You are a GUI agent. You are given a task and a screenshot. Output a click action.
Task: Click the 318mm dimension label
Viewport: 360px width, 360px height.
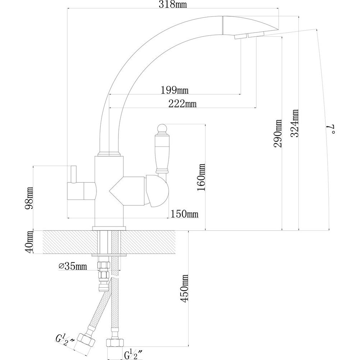point(173,4)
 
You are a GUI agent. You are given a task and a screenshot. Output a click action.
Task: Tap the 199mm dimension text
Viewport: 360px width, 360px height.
point(175,90)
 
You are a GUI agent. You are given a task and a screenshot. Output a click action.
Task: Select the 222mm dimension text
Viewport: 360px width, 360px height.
point(183,104)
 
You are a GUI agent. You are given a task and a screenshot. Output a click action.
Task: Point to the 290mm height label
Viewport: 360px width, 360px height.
point(278,133)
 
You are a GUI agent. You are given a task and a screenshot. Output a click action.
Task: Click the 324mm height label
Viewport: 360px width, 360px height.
point(294,123)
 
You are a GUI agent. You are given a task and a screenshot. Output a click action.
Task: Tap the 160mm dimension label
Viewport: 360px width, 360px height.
point(201,177)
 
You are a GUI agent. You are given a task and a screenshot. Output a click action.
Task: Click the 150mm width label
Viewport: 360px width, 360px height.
point(184,214)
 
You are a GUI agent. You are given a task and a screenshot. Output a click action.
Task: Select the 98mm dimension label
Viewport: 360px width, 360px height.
point(29,198)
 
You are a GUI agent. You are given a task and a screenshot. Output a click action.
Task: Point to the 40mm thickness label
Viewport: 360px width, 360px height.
point(29,242)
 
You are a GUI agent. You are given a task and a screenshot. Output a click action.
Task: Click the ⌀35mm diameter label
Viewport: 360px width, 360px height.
point(73,266)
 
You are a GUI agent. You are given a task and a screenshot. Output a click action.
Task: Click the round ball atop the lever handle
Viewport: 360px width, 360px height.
point(163,128)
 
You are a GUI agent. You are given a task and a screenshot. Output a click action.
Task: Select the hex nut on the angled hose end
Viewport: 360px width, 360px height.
point(86,341)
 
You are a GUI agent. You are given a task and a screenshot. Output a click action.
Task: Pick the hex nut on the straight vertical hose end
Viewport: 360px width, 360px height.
point(115,343)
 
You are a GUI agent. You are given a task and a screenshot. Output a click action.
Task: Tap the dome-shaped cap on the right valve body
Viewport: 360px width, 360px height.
point(157,191)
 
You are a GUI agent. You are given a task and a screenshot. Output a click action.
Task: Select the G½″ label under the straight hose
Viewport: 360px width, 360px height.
point(134,354)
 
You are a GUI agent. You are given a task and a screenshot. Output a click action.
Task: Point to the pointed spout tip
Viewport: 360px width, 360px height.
point(278,29)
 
